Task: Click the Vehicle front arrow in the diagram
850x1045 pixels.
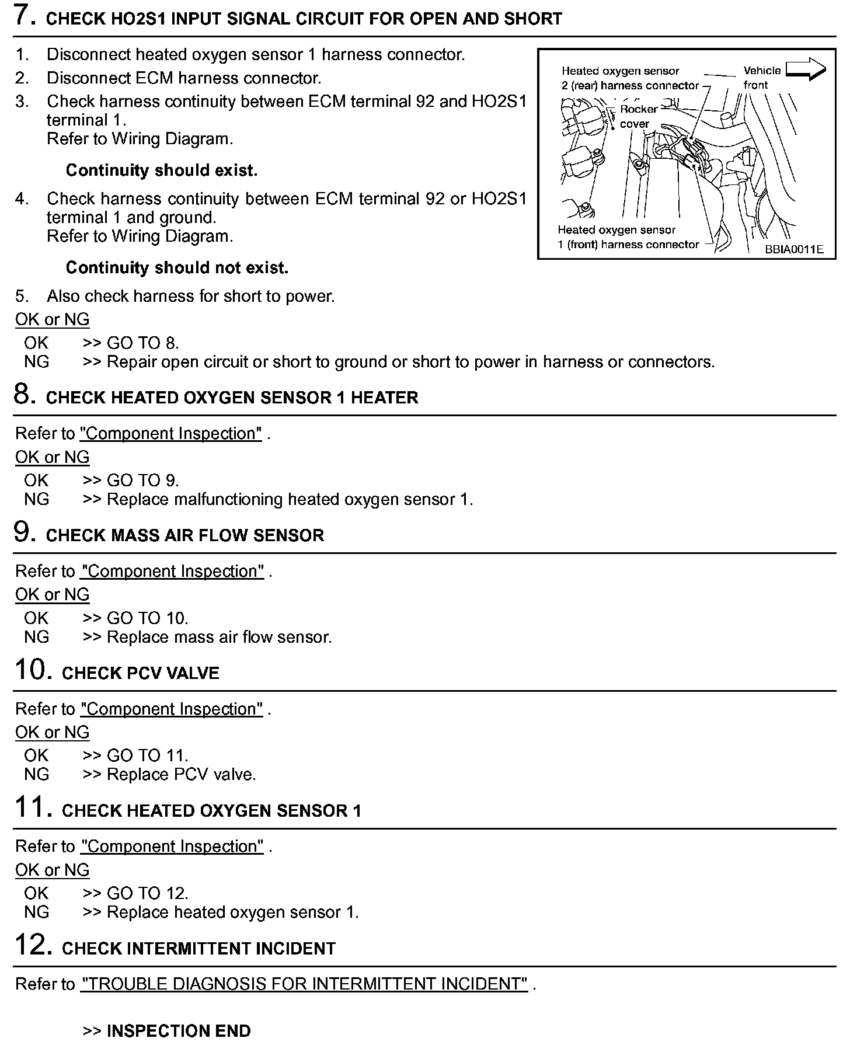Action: click(806, 70)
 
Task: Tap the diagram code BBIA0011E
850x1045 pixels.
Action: click(794, 249)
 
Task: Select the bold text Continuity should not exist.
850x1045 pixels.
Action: click(177, 268)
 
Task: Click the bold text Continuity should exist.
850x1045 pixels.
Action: click(161, 170)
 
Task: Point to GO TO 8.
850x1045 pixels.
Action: click(142, 343)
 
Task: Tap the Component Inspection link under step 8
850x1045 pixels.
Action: click(170, 434)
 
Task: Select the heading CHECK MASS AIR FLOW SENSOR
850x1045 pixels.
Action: click(184, 535)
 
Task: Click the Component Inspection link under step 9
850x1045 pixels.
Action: click(172, 571)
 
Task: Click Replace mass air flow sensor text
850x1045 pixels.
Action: click(219, 637)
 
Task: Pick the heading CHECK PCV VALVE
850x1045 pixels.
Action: click(140, 673)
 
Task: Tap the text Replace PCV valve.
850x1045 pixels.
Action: click(181, 775)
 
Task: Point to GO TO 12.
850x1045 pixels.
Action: click(147, 893)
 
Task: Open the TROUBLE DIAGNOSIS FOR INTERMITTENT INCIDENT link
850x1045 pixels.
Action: click(304, 984)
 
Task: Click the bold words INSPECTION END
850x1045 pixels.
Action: click(179, 1031)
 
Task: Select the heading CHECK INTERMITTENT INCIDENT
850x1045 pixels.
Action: click(198, 949)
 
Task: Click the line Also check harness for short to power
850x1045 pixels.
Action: click(190, 297)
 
